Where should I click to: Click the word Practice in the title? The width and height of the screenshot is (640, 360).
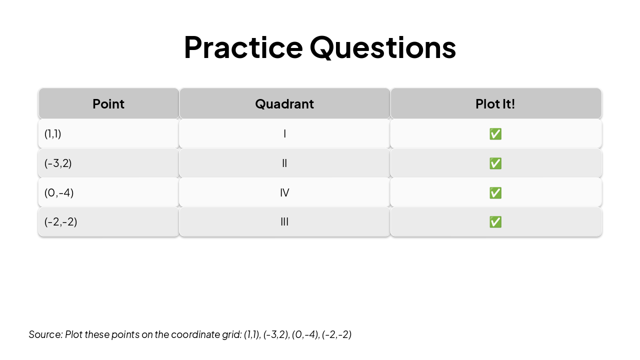click(243, 47)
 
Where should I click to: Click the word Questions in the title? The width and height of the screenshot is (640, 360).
click(382, 47)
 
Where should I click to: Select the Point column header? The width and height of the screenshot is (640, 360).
click(108, 104)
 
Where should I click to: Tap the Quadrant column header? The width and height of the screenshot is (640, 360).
click(284, 104)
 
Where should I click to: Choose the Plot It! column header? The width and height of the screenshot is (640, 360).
click(495, 104)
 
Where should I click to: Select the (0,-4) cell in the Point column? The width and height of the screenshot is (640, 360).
click(59, 192)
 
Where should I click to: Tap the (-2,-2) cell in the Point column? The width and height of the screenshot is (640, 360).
click(61, 221)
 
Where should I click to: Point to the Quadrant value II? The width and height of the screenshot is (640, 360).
click(284, 163)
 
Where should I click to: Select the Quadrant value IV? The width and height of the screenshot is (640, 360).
click(284, 192)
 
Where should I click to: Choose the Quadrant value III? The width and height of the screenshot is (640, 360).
click(284, 221)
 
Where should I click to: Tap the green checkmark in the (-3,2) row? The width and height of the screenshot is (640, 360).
click(495, 163)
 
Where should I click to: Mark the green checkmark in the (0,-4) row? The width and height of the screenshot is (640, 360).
click(495, 193)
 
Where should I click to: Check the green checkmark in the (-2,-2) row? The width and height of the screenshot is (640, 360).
click(495, 222)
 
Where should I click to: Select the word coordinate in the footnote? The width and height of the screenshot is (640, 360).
click(194, 334)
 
